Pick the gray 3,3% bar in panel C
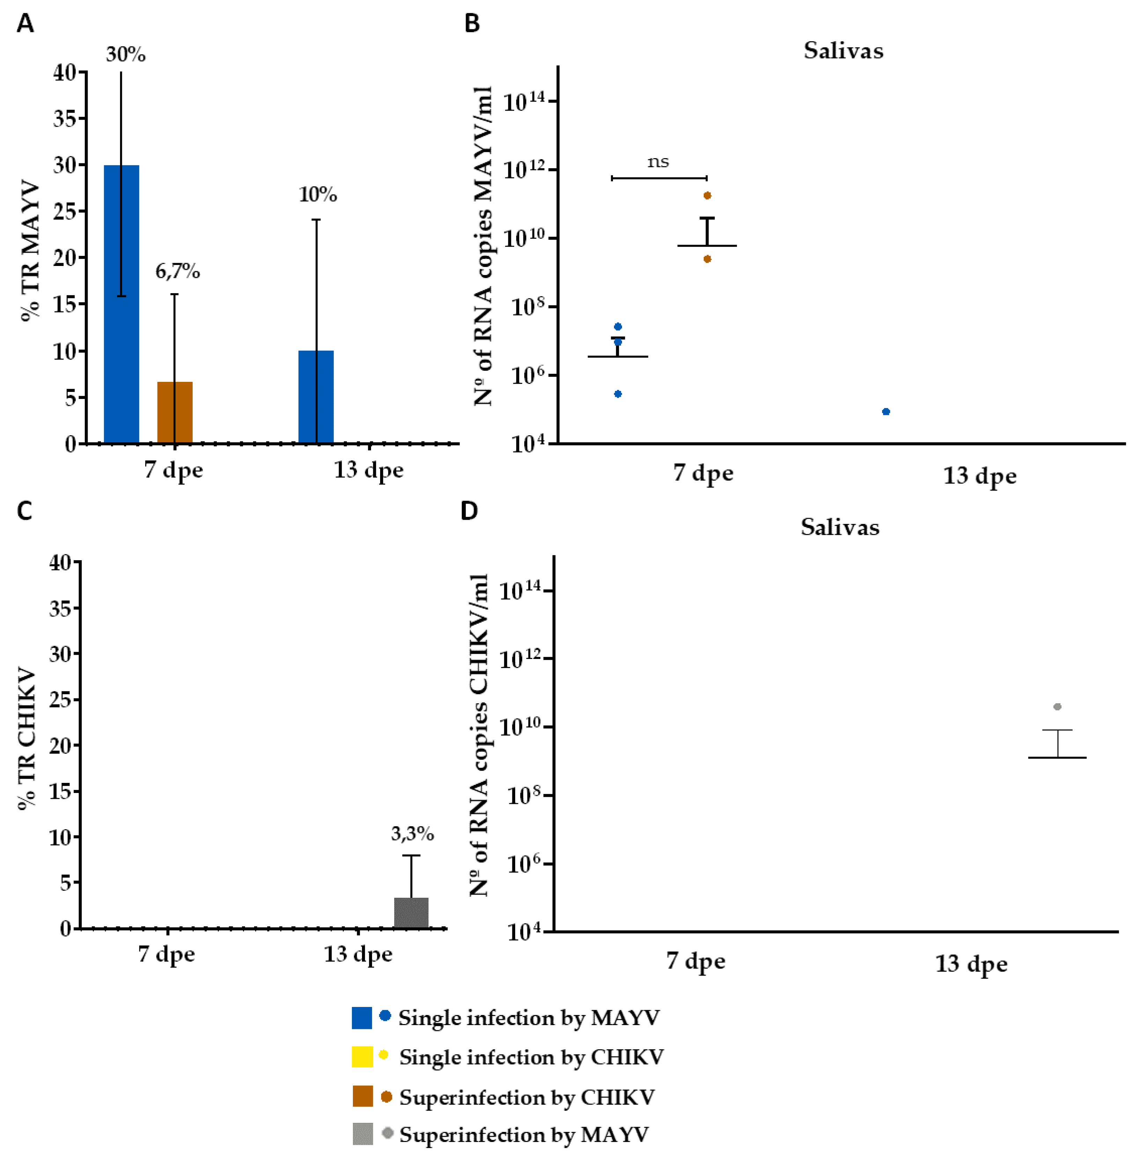(411, 913)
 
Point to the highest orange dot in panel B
(707, 195)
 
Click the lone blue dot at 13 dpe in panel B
(886, 411)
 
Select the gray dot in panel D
(1057, 707)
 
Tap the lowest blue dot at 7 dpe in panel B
(618, 394)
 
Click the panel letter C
(24, 511)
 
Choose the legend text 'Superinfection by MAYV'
(524, 1135)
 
